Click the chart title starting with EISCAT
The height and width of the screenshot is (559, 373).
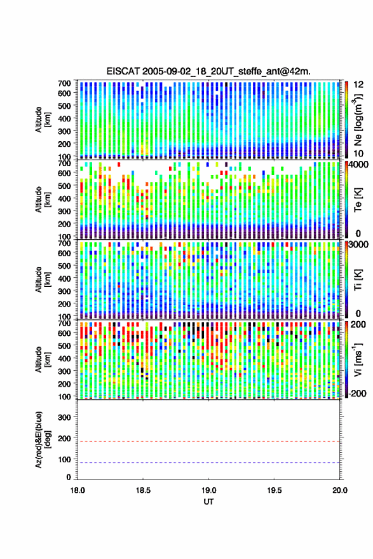(208, 71)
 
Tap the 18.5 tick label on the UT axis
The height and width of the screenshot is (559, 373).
(143, 490)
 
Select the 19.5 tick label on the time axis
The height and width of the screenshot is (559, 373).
(274, 490)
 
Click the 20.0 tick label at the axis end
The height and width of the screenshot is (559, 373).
(339, 490)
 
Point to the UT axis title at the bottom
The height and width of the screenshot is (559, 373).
(209, 502)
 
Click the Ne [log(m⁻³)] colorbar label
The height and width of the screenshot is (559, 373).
(358, 120)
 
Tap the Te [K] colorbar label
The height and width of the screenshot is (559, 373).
(358, 200)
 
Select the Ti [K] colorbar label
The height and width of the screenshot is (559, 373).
(358, 280)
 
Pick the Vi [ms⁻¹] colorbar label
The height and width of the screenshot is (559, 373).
(358, 359)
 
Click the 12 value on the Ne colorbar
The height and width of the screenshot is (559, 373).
(359, 85)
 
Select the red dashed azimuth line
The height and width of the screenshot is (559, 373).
(209, 441)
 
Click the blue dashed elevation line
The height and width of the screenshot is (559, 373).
(209, 463)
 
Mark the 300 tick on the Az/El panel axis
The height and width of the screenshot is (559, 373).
(64, 417)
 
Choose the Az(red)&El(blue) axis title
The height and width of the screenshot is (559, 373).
(43, 439)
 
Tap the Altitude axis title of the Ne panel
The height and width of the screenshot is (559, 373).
(43, 120)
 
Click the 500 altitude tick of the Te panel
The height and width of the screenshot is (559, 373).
(64, 186)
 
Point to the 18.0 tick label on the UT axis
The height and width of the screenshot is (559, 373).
(78, 490)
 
